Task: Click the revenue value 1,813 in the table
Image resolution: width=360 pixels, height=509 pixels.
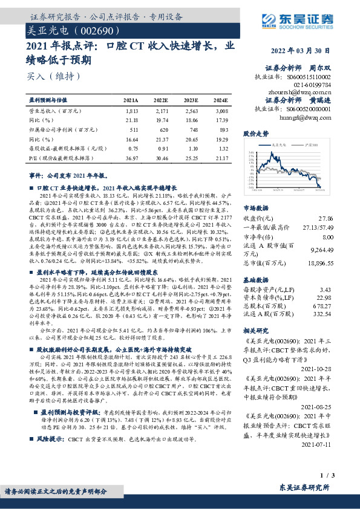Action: click(132, 112)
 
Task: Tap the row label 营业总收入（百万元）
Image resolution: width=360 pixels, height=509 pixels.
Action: click(55, 112)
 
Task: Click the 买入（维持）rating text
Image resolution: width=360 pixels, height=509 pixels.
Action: click(53, 77)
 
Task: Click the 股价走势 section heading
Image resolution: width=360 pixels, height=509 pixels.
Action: click(255, 133)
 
